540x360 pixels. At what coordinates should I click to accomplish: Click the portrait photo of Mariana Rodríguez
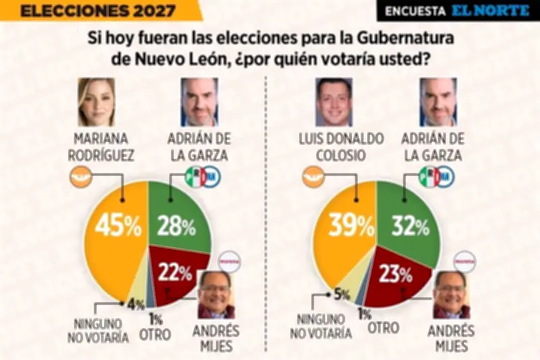(x=97, y=101)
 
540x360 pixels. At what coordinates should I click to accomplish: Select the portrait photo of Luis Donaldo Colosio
(x=334, y=102)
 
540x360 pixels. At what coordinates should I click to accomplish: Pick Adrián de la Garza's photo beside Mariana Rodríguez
(x=200, y=102)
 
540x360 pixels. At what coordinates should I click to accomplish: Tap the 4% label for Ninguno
(x=136, y=305)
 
